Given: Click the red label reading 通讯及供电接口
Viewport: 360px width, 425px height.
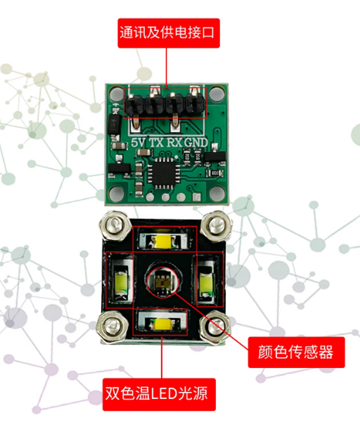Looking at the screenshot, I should [x=168, y=33].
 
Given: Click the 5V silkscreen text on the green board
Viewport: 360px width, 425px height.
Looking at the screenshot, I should [x=138, y=142].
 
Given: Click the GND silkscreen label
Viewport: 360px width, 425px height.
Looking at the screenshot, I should [x=196, y=142].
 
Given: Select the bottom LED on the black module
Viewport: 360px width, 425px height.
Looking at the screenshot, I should [x=162, y=323].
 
